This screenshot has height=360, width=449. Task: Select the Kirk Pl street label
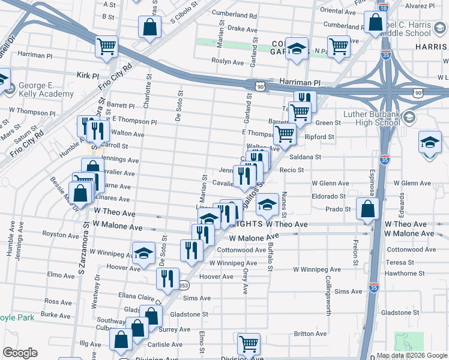pyautogui.click(x=88, y=76)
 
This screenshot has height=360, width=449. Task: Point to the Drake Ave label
pyautogui.click(x=243, y=28)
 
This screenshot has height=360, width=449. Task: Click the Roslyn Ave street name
pyautogui.click(x=226, y=61)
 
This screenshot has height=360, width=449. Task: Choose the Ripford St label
pyautogui.click(x=319, y=137)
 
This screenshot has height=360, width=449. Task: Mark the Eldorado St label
pyautogui.click(x=328, y=196)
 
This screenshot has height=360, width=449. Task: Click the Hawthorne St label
pyautogui.click(x=405, y=273)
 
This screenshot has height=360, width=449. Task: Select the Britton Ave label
pyautogui.click(x=310, y=334)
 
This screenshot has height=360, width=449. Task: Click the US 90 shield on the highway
pyautogui.click(x=260, y=86)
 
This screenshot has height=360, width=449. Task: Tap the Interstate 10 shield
pyautogui.click(x=383, y=7)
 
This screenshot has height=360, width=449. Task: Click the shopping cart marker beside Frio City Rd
pyautogui.click(x=107, y=46)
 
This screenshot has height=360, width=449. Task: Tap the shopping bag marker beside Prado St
pyautogui.click(x=367, y=209)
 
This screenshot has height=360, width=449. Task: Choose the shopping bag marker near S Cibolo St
pyautogui.click(x=149, y=26)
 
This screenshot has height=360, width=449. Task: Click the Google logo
pyautogui.click(x=19, y=353)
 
